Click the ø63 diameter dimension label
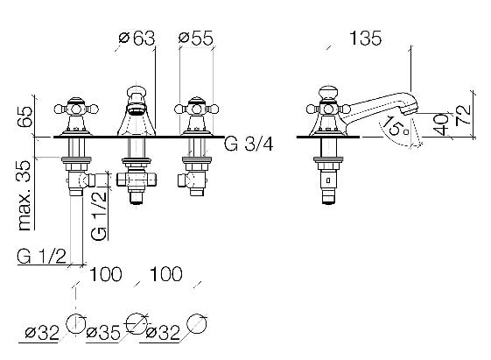137,39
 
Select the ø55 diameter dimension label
196,39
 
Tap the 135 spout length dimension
365,39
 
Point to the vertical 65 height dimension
25,116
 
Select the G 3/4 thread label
249,145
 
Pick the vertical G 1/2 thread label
99,216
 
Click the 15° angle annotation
396,126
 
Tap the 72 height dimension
463,115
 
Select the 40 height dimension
442,124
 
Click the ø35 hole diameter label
103,333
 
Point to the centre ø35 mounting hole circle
137,323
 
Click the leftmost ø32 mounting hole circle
76,323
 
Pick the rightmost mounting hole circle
197,323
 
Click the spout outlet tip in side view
410,109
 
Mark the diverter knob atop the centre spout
137,93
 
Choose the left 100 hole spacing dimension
106,274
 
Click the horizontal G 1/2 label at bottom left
42,257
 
